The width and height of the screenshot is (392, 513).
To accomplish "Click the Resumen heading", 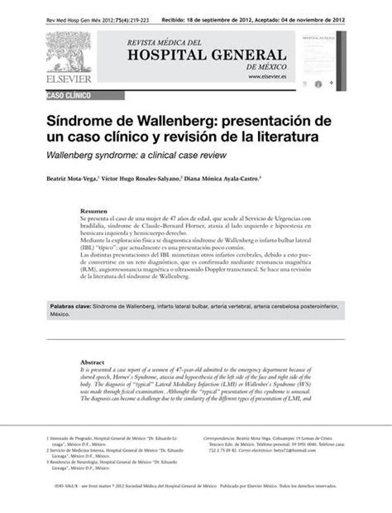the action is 92,211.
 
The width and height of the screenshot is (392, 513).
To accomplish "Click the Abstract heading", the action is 92,362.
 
